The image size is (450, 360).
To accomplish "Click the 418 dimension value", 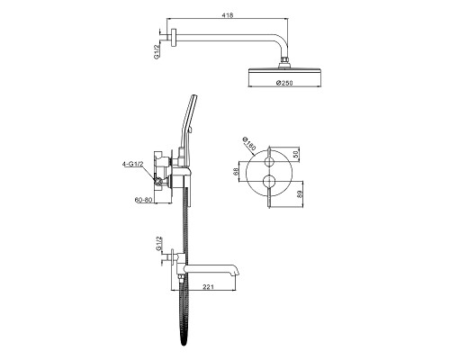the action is pyautogui.click(x=227, y=15).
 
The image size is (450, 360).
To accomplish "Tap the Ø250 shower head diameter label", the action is pyautogui.click(x=284, y=83).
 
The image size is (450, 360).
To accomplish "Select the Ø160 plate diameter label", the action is pyautogui.click(x=249, y=144).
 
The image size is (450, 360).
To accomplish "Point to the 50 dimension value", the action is pyautogui.click(x=295, y=155).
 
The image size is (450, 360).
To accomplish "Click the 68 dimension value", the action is pyautogui.click(x=236, y=171).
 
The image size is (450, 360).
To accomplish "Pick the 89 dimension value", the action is pyautogui.click(x=299, y=193).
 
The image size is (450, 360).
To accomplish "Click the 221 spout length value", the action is pyautogui.click(x=208, y=287).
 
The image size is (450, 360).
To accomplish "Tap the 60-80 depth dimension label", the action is pyautogui.click(x=143, y=200).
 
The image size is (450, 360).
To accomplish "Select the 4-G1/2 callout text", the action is pyautogui.click(x=133, y=164).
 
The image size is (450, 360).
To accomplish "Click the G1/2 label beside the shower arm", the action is pyautogui.click(x=157, y=51).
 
